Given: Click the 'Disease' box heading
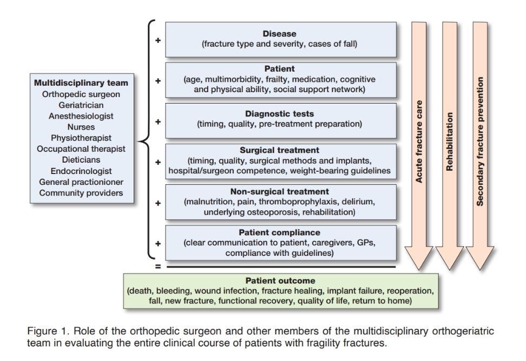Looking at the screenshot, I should click(279, 34).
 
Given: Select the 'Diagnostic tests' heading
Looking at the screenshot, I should click(279, 114).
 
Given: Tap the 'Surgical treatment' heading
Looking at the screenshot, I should click(279, 150).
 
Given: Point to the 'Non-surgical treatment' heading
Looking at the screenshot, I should click(279, 191).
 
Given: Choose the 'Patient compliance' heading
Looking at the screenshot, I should click(279, 233).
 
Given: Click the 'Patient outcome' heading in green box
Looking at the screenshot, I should click(279, 281).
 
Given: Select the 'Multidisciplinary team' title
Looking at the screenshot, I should click(81, 83).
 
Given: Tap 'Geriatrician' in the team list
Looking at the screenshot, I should click(81, 105).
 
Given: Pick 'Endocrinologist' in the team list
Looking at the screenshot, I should click(81, 171).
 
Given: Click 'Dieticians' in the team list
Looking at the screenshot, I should click(81, 160).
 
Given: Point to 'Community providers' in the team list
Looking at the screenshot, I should click(81, 193).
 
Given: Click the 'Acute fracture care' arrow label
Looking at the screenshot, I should click(419, 140).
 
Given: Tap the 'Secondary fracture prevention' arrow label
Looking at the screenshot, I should click(480, 140).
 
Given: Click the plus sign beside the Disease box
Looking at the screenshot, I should click(158, 39).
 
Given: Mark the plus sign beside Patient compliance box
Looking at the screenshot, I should click(158, 243).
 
